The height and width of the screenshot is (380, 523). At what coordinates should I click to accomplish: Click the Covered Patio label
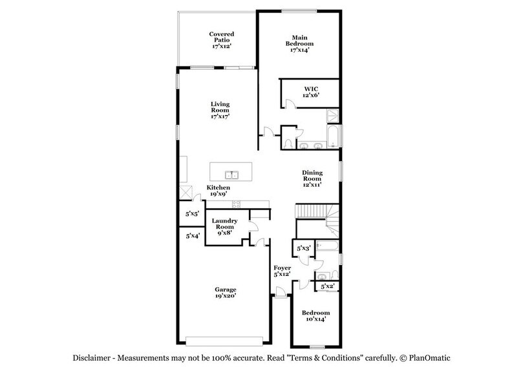pyautogui.click(x=221, y=40)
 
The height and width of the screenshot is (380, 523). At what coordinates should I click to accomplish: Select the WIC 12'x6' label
pyautogui.click(x=312, y=91)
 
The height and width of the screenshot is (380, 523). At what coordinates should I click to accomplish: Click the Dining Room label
pyautogui.click(x=312, y=178)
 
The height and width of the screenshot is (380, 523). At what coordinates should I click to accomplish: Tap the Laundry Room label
pyautogui.click(x=224, y=226)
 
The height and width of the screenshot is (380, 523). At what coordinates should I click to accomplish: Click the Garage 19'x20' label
pyautogui.click(x=226, y=293)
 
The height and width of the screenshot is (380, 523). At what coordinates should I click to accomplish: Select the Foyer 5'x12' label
pyautogui.click(x=283, y=271)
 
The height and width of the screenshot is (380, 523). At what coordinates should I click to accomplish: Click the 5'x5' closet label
pyautogui.click(x=192, y=213)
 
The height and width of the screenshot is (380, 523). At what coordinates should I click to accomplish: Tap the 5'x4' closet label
pyautogui.click(x=192, y=237)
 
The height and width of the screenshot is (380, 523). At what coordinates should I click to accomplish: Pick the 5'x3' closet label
pyautogui.click(x=304, y=248)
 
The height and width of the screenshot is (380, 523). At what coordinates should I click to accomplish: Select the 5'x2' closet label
pyautogui.click(x=327, y=286)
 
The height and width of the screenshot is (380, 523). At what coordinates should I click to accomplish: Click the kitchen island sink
pyautogui.click(x=231, y=174)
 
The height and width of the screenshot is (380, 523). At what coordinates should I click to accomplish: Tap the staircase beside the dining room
pyautogui.click(x=317, y=211)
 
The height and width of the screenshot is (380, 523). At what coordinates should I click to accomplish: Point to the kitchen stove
pyautogui.click(x=236, y=204)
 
